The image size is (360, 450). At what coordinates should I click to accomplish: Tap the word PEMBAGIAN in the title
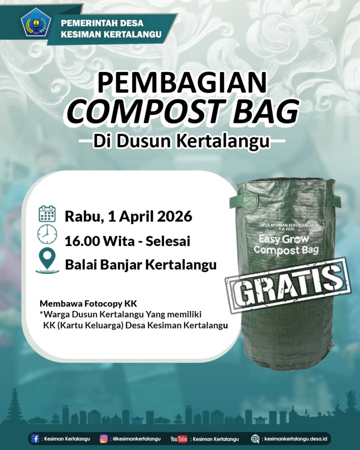click(x=182, y=83)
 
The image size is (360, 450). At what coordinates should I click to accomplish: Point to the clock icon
click(x=47, y=234)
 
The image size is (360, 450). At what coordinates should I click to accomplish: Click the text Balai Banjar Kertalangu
click(x=141, y=265)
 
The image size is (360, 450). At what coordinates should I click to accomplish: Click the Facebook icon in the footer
click(x=36, y=439)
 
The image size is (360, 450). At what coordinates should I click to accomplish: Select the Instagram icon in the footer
click(x=103, y=439)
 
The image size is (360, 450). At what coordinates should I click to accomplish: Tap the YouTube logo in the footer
click(x=179, y=439)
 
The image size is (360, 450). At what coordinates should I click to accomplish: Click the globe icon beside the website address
click(x=255, y=439)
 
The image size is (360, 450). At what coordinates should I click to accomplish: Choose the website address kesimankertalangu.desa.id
click(x=297, y=439)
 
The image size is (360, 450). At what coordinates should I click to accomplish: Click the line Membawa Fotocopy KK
click(x=88, y=303)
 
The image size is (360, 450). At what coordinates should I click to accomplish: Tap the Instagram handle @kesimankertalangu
click(x=136, y=439)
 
